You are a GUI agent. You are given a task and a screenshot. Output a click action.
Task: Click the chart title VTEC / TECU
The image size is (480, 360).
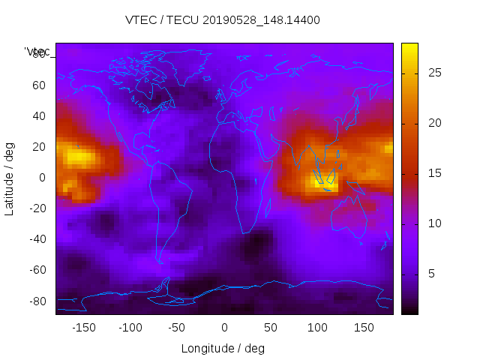(223, 20)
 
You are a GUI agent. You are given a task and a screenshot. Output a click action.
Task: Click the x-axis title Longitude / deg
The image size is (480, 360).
(223, 348)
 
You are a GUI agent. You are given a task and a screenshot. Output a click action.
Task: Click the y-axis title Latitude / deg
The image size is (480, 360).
(10, 178)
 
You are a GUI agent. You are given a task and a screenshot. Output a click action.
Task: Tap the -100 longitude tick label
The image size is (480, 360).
(130, 327)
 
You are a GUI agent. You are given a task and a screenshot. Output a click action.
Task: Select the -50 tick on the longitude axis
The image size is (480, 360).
(177, 327)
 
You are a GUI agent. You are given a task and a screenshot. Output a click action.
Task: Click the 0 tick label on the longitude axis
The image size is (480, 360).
(223, 327)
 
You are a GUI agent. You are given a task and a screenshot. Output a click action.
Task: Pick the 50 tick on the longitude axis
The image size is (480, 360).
(270, 327)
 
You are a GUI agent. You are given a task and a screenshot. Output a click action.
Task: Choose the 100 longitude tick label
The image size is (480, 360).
(316, 327)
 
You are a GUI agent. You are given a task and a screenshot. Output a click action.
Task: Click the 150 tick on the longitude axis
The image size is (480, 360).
(363, 327)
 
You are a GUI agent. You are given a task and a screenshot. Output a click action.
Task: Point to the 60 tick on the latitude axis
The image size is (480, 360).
(38, 85)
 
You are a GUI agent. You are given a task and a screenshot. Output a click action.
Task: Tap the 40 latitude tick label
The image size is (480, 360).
(38, 115)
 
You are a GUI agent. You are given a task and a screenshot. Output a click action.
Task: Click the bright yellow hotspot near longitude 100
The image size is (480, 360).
(324, 180)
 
